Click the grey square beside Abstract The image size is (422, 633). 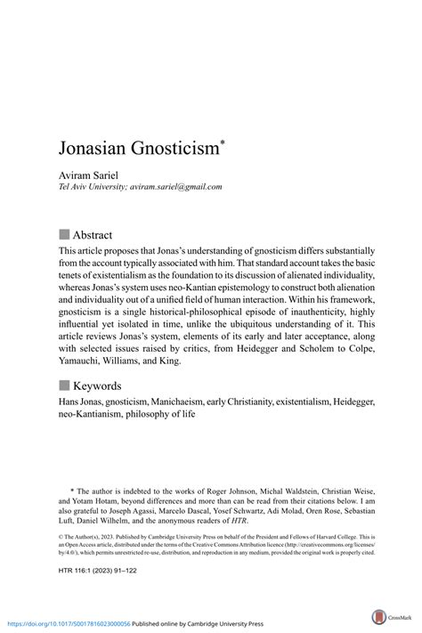[x=64, y=235]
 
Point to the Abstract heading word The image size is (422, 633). [x=93, y=235]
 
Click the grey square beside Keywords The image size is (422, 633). [x=64, y=385]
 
